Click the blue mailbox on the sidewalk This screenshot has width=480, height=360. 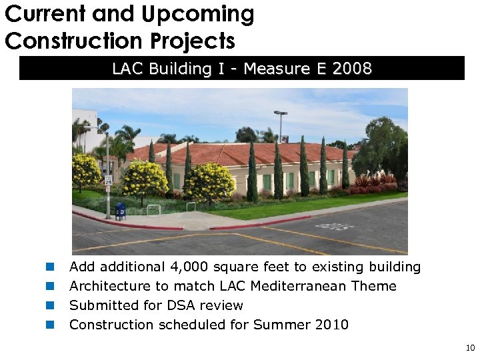(x=121, y=211)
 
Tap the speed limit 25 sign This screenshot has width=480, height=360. (x=107, y=179)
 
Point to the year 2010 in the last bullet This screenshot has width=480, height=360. (x=332, y=325)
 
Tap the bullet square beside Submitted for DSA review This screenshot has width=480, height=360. (x=49, y=306)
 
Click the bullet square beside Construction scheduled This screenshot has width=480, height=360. (x=49, y=325)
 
